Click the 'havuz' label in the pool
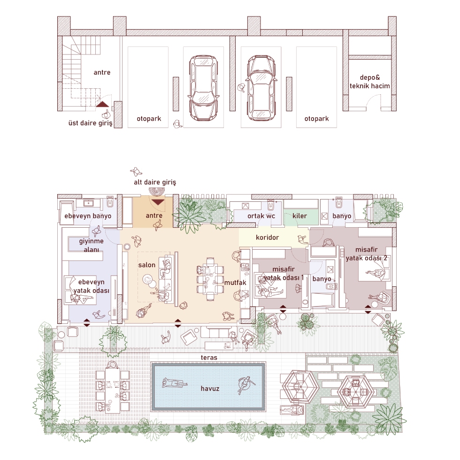(210, 389)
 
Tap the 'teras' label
(209, 357)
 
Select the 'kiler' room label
(299, 215)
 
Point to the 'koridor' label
(267, 237)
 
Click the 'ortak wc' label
(261, 216)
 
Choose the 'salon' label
(146, 265)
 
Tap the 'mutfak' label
(235, 283)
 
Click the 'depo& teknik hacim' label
(370, 82)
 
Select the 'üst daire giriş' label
(90, 123)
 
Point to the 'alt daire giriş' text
(155, 182)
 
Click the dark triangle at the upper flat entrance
(102, 104)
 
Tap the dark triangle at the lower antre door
(158, 202)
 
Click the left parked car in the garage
(203, 88)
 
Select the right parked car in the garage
(261, 88)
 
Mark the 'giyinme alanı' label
(91, 245)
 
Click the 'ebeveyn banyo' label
(88, 216)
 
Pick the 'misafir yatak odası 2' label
(367, 254)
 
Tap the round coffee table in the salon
(148, 279)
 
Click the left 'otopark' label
(149, 118)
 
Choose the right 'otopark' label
(316, 118)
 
